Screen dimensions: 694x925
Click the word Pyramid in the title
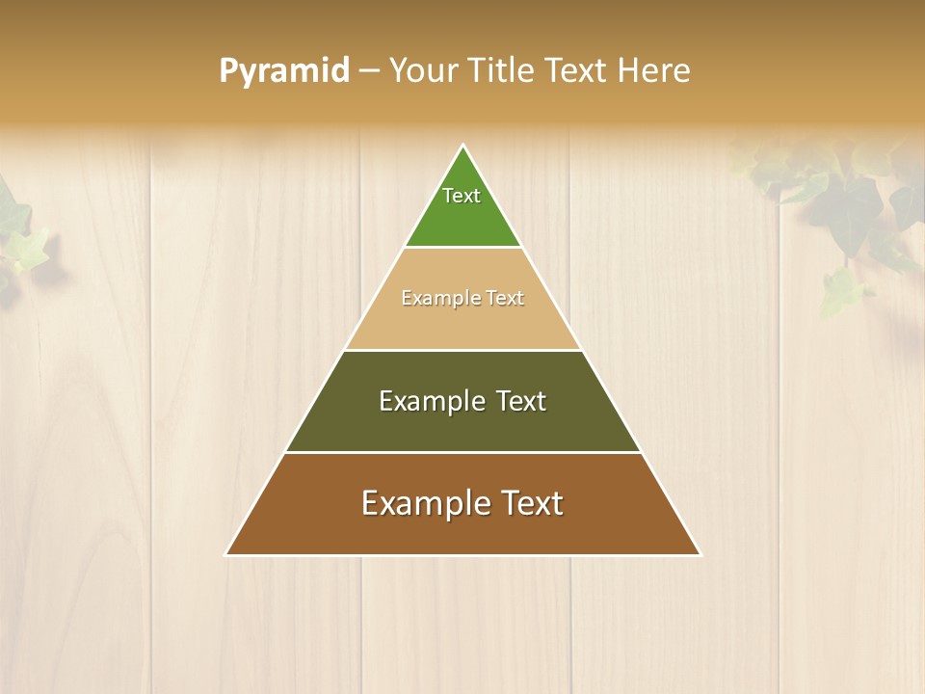284,71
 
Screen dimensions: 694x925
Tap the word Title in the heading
502,71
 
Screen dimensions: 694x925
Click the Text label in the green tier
462,196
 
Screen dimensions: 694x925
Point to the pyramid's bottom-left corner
226,554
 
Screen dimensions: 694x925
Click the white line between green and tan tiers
462,248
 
